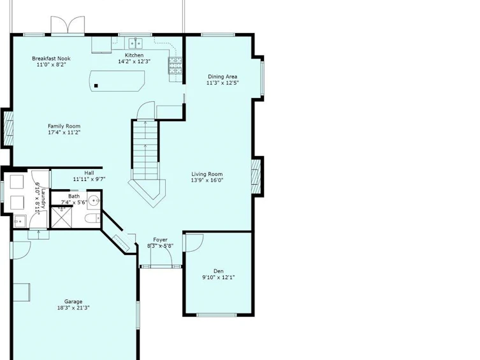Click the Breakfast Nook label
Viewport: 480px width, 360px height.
click(51, 59)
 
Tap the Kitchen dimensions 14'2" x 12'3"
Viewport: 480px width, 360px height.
click(134, 61)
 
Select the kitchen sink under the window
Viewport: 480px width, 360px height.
click(135, 43)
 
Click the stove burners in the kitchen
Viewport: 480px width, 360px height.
click(175, 66)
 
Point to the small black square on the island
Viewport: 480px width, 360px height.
click(96, 86)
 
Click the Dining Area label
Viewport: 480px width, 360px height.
click(222, 76)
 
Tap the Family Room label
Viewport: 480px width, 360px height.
click(64, 126)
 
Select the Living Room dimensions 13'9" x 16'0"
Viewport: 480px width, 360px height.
click(207, 180)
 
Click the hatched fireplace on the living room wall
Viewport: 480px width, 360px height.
click(256, 176)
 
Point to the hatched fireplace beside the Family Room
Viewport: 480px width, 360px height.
click(8, 128)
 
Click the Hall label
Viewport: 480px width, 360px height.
click(89, 173)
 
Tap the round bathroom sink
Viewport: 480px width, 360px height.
click(94, 201)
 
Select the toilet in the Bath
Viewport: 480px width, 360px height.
click(92, 219)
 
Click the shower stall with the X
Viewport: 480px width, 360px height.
click(62, 217)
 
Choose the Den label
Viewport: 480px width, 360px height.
click(218, 271)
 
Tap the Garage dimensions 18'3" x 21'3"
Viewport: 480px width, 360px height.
click(73, 308)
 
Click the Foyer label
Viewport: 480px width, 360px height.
click(160, 240)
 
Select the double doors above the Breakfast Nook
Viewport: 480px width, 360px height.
click(68, 25)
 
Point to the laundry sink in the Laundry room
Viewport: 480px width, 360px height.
click(20, 221)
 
